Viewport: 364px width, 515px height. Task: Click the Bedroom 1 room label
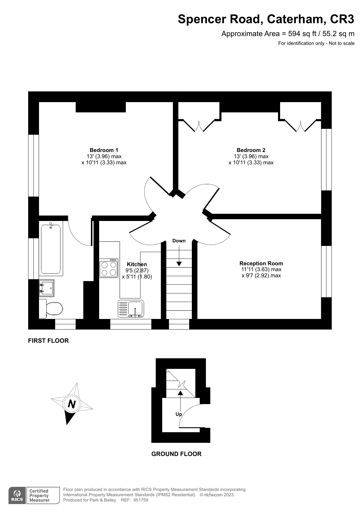tap(104, 150)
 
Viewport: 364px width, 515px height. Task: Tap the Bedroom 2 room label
tap(251, 150)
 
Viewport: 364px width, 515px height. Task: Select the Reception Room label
tap(261, 263)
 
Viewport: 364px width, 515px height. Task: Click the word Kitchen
tap(137, 264)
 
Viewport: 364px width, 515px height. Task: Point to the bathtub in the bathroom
tap(51, 249)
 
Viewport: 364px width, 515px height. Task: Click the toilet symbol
tap(52, 308)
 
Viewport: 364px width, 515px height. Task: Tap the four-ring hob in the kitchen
tap(109, 269)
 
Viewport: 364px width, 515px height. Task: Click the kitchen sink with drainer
tap(131, 308)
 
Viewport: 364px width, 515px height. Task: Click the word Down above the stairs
tap(179, 241)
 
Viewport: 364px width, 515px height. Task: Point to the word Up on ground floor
tap(179, 414)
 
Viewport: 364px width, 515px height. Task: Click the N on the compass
tap(72, 404)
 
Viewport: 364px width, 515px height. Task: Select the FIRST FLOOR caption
tap(48, 341)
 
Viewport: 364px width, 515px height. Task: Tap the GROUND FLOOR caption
tap(176, 454)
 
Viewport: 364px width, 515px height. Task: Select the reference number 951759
tap(141, 500)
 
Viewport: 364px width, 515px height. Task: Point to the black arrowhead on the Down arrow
tap(179, 264)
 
